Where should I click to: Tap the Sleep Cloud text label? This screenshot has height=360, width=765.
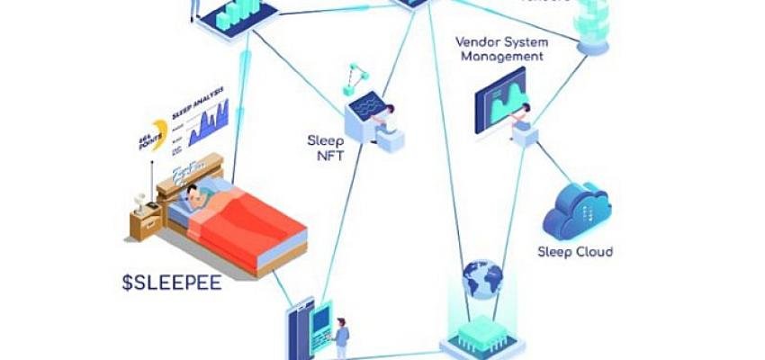point(574,252)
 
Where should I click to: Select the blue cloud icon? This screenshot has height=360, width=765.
point(577,209)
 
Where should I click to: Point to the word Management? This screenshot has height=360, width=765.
point(501,57)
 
